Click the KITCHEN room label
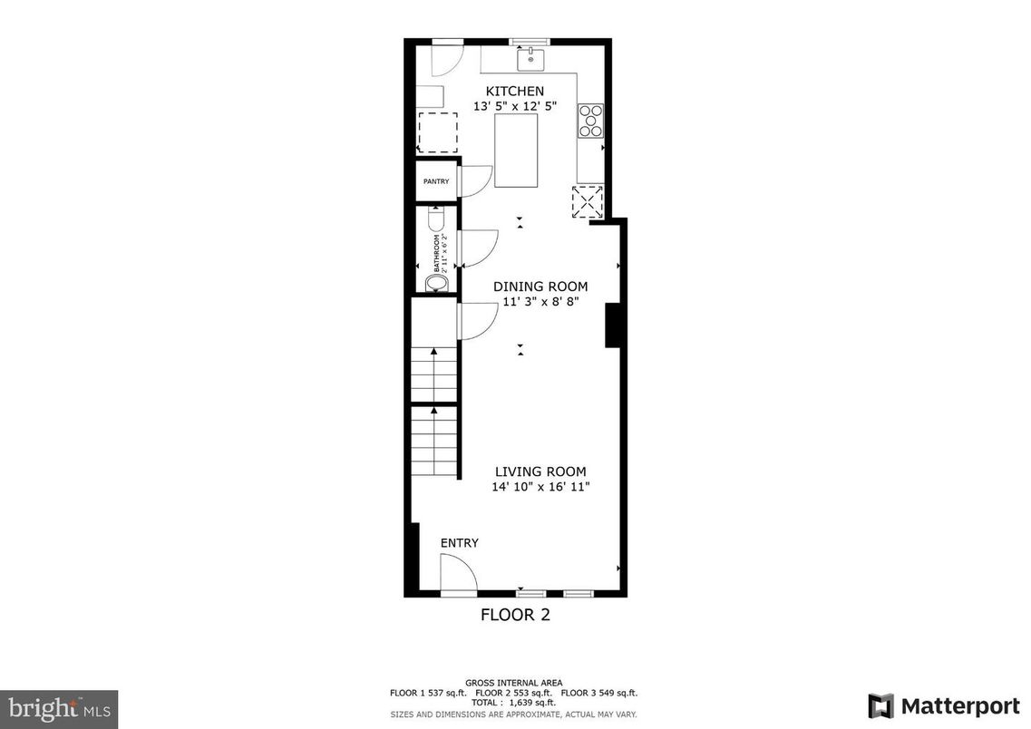pos(515,91)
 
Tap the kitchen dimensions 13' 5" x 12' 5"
pos(515,106)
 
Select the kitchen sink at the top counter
pos(530,60)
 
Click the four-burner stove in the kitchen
pos(590,121)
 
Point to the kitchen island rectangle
pos(516,151)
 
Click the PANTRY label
pos(436,181)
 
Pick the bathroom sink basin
pos(436,284)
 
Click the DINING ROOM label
pos(540,287)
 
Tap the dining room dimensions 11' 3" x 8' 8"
pos(540,302)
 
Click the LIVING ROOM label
pos(540,471)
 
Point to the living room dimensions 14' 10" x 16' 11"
pos(540,487)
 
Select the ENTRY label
pos(460,543)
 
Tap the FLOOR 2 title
pos(515,615)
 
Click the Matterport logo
pos(943,705)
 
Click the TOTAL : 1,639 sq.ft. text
pos(513,703)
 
